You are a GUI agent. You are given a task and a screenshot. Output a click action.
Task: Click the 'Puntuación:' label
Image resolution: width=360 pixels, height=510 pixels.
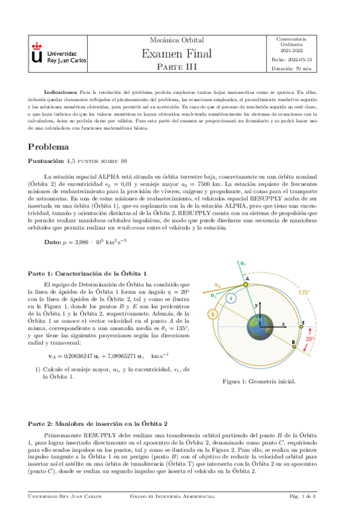(50, 161)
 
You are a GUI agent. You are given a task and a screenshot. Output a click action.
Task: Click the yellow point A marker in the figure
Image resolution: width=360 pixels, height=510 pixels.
(245, 286)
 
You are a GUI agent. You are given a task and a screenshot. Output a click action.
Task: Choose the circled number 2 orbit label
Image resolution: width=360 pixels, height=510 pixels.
(230, 298)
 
